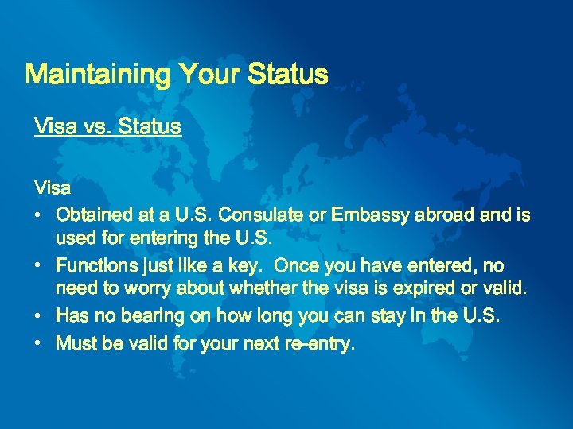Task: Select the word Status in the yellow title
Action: point(287,75)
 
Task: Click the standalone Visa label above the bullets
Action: point(53,188)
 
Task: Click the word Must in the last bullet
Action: point(75,344)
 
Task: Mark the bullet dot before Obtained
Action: point(38,215)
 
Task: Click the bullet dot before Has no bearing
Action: point(38,316)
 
